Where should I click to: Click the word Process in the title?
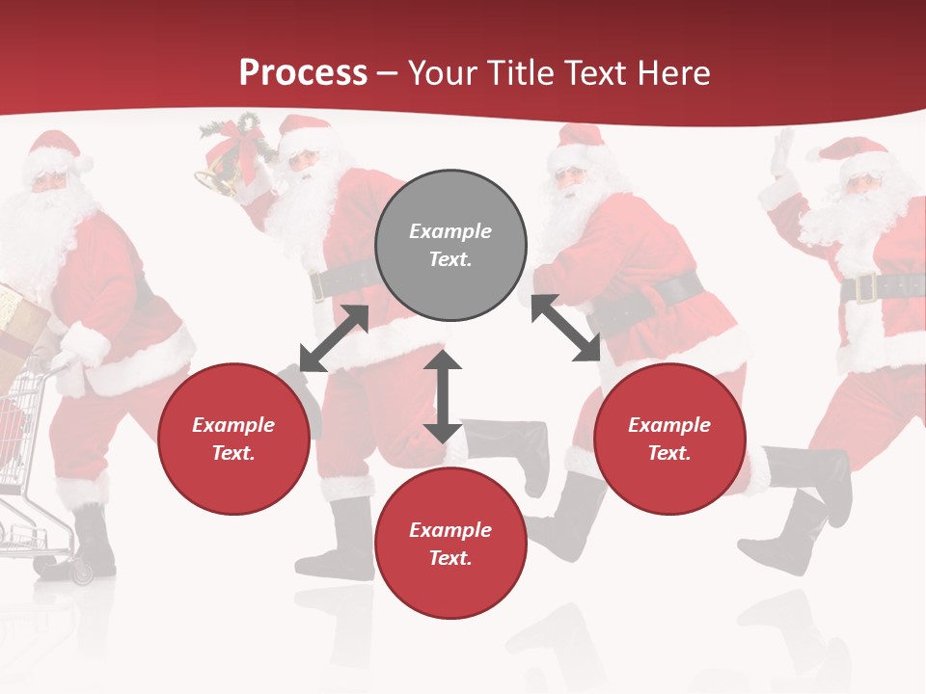(303, 73)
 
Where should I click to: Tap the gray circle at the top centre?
(450, 245)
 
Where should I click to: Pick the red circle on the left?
(233, 439)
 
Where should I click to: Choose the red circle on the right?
(669, 439)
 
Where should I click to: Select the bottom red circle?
(450, 544)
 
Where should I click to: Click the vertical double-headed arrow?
(443, 396)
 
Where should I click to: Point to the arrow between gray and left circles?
(335, 337)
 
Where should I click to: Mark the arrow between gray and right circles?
(565, 328)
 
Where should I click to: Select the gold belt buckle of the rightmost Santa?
(865, 287)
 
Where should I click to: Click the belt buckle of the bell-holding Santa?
(318, 286)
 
